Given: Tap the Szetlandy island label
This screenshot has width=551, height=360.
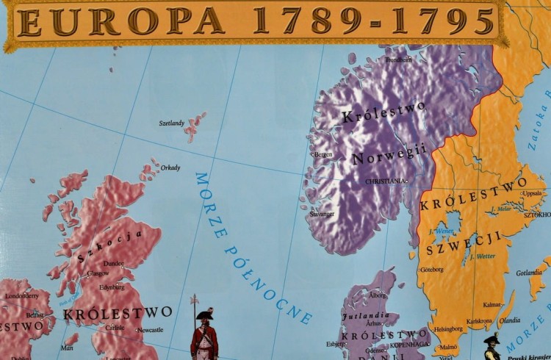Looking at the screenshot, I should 171,123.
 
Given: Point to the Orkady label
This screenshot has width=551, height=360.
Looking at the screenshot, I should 170,168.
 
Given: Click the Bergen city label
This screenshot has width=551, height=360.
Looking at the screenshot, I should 323,154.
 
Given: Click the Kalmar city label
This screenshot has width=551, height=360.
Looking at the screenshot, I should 491,304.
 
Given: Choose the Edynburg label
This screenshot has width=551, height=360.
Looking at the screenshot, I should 112,287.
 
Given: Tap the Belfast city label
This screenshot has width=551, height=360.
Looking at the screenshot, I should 35,314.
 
